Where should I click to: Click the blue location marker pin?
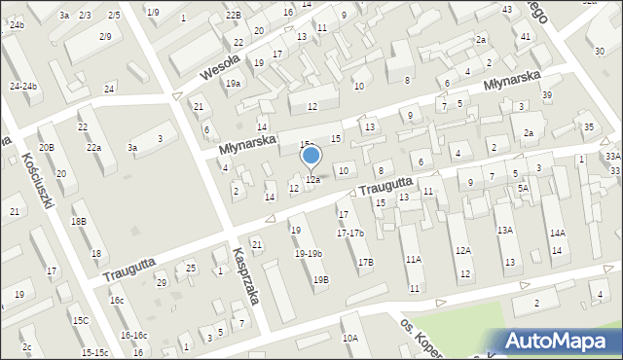pos(311,157)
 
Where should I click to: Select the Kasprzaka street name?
pos(250,275)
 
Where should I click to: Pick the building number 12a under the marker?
pos(313,180)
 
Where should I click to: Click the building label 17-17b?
pos(349,233)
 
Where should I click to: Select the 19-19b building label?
pos(308,253)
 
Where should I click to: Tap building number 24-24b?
pos(23,86)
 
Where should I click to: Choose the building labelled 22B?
pos(232,16)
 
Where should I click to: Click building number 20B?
pos(46,147)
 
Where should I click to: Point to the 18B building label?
pos(79,221)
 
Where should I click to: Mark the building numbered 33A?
pos(611,156)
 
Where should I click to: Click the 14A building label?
pos(557,233)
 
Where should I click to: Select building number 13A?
pos(504,231)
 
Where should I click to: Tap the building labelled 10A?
pos(349,338)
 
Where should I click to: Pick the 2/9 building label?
pos(104,36)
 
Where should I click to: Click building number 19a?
pos(234,84)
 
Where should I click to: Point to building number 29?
pos(162,282)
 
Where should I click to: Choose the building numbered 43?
pos(508,9)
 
